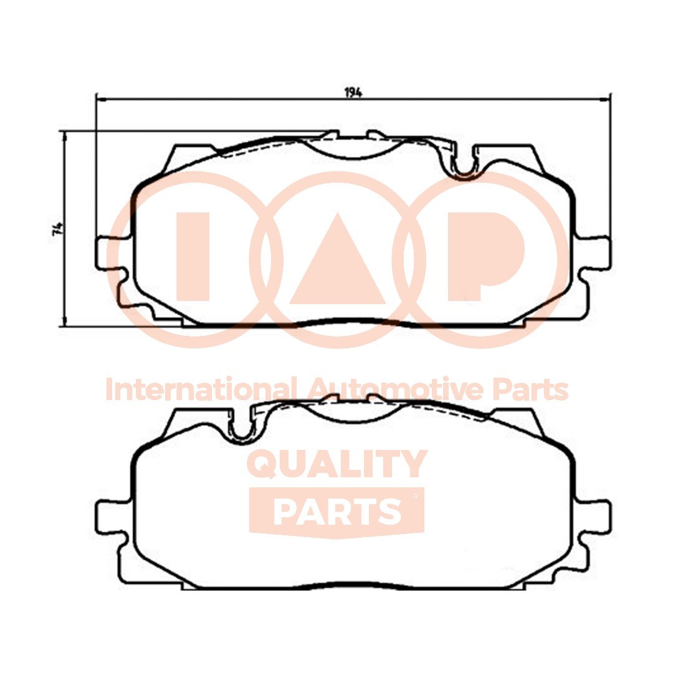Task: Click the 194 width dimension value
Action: pyautogui.click(x=353, y=92)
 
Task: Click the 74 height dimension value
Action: pyautogui.click(x=58, y=228)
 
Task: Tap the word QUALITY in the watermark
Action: pyautogui.click(x=338, y=464)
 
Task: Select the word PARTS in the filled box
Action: pyautogui.click(x=336, y=511)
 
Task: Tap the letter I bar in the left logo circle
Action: pyautogui.click(x=193, y=256)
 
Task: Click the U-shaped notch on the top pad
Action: pyautogui.click(x=464, y=165)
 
